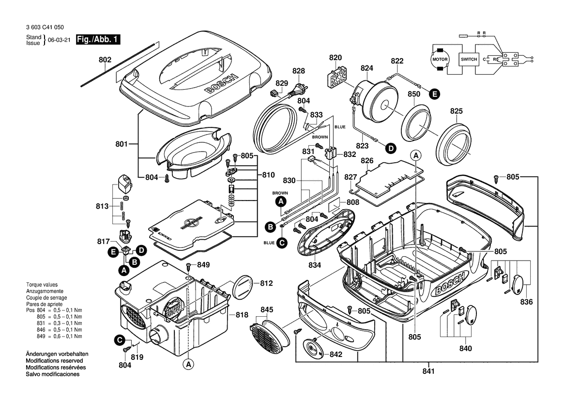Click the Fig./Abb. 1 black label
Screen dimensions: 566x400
pyautogui.click(x=98, y=39)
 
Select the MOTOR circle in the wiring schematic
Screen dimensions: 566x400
pyautogui.click(x=440, y=59)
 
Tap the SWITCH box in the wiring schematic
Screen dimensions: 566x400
pyautogui.click(x=469, y=59)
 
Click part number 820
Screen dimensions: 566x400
pyautogui.click(x=336, y=58)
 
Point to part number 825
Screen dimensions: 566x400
pyautogui.click(x=456, y=111)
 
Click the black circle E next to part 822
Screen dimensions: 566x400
pyautogui.click(x=434, y=94)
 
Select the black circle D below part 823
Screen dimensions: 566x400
pyautogui.click(x=390, y=148)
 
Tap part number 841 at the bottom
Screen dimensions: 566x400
pyautogui.click(x=429, y=371)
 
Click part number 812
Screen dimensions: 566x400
pyautogui.click(x=266, y=283)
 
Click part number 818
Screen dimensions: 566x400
pyautogui.click(x=242, y=315)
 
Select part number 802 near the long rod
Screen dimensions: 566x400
pyautogui.click(x=105, y=60)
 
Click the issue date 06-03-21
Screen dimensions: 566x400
pyautogui.click(x=59, y=40)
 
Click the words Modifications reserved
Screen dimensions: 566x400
pyautogui.click(x=55, y=361)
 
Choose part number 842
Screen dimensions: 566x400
pyautogui.click(x=336, y=354)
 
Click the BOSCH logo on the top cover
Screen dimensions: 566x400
pyautogui.click(x=221, y=84)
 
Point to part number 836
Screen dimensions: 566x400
pyautogui.click(x=526, y=302)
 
